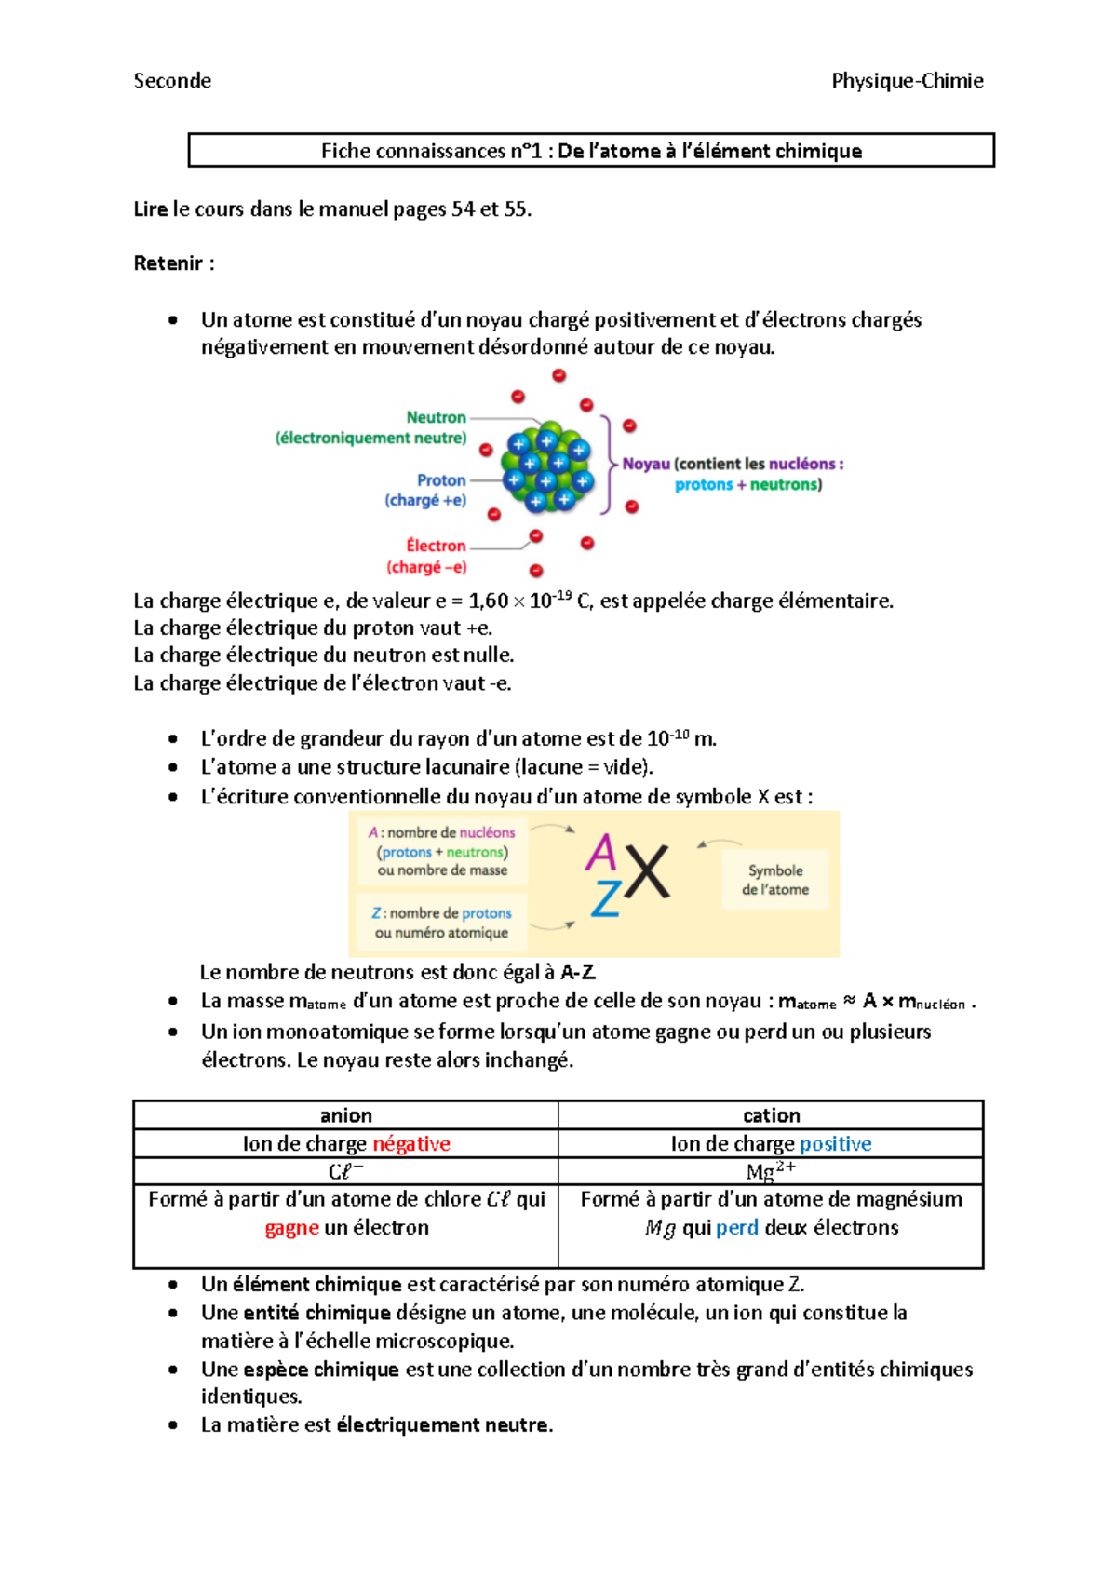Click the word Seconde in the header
pos(172,81)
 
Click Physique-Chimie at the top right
pos(907,81)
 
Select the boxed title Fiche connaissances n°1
pos(591,151)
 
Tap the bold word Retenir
pos(168,263)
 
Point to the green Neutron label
pos(436,417)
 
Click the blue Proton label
pos(441,480)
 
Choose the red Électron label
pos(436,546)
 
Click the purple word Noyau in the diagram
pos(646,464)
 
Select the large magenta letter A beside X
pos(601,851)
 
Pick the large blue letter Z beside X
pos(606,898)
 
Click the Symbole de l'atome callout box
pos(775,880)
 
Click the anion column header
pos(345,1115)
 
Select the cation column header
pos(771,1115)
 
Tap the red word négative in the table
pos(411,1143)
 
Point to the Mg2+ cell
pos(771,1171)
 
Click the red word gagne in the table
pos(291,1228)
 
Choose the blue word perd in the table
pos(737,1227)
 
